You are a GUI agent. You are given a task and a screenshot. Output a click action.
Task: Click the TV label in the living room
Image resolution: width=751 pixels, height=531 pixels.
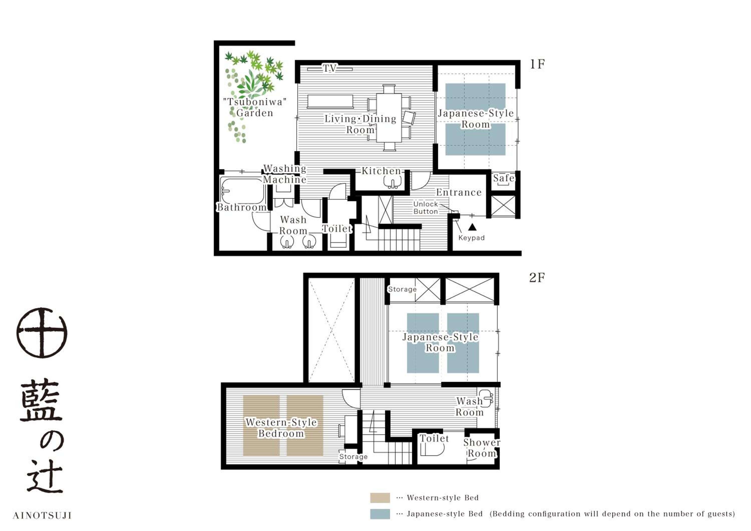coord(329,68)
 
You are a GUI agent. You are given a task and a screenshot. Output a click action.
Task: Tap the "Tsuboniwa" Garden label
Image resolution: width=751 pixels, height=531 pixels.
coord(255,108)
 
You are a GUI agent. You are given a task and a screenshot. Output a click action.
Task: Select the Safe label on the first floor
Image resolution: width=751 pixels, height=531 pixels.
coord(504,178)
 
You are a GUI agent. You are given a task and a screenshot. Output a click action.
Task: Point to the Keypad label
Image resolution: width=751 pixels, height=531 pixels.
coord(471,238)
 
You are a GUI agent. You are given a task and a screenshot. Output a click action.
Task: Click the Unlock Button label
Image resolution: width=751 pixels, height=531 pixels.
coord(426,208)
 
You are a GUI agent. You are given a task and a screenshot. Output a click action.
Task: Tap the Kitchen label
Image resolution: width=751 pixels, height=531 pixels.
coord(381,171)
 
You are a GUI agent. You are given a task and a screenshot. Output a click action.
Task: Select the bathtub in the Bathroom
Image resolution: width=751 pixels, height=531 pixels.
coord(242,191)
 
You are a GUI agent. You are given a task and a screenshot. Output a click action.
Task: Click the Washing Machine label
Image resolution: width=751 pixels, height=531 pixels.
coord(285,174)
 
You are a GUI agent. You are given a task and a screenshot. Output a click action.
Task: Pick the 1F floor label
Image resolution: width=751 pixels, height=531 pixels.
coord(537,64)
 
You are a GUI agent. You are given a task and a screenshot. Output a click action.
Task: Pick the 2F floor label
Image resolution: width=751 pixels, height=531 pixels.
coord(537,278)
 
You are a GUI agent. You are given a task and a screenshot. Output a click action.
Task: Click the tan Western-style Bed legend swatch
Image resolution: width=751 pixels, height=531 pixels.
coord(380,498)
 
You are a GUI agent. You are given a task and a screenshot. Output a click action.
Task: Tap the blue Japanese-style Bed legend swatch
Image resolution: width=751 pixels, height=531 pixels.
coord(380,514)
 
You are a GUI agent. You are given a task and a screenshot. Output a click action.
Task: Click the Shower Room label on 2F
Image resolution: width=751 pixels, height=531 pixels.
coord(481,448)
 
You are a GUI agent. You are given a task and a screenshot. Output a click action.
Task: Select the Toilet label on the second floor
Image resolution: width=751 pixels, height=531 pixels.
coord(434,438)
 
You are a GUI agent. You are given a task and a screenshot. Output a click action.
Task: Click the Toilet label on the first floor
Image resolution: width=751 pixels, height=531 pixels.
coord(337,228)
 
